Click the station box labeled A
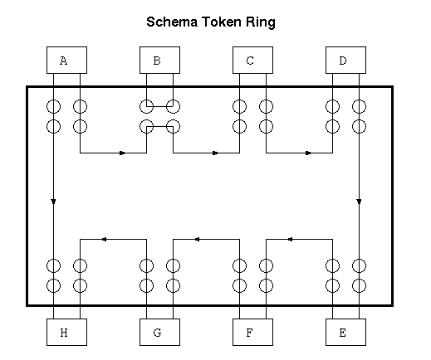click(66, 60)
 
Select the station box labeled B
click(159, 60)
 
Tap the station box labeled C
click(252, 60)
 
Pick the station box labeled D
click(345, 60)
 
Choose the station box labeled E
click(345, 332)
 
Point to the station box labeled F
click(252, 332)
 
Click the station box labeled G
click(159, 332)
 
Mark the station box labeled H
click(66, 332)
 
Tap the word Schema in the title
click(172, 22)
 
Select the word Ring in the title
click(261, 22)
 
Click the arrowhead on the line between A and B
click(122, 153)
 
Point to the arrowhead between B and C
click(215, 153)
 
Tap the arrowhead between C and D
click(308, 153)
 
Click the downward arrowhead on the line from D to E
click(359, 202)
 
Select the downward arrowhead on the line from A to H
click(53, 202)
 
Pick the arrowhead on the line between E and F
click(290, 239)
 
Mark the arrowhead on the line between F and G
click(197, 239)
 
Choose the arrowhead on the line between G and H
click(104, 239)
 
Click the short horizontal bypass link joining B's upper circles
click(159, 106)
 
